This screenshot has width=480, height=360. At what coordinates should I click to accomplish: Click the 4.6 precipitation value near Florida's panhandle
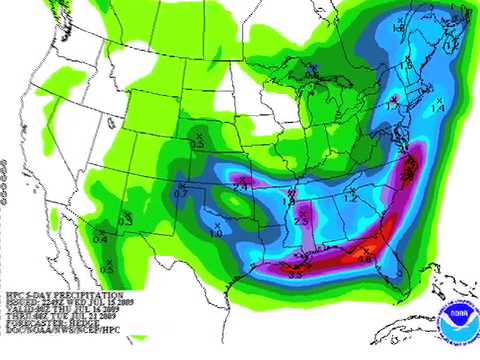[x=364, y=259]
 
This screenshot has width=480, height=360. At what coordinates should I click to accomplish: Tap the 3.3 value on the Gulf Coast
[x=295, y=273]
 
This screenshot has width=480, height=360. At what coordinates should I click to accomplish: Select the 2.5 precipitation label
[x=300, y=220]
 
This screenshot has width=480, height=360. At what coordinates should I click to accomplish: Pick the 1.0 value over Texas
[x=215, y=232]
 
